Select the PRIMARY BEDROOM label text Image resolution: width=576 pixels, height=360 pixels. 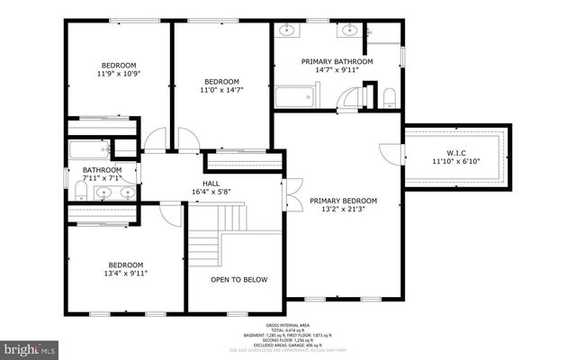click(x=343, y=200)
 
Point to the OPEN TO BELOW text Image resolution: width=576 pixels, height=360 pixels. click(x=239, y=279)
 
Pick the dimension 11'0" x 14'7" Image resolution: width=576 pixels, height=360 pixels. click(x=221, y=90)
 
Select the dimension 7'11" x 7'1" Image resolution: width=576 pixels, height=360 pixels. click(x=102, y=178)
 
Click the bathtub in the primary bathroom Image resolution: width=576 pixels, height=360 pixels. click(x=293, y=96)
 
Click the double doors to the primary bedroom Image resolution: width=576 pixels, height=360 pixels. click(x=289, y=192)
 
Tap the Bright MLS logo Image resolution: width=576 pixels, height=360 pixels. click(x=29, y=347)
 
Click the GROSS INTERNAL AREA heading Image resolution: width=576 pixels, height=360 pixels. click(x=288, y=325)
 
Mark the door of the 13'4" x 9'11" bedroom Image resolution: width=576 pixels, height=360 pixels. click(x=170, y=213)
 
